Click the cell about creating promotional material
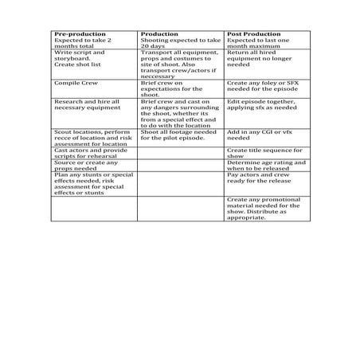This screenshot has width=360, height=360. [264, 209]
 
